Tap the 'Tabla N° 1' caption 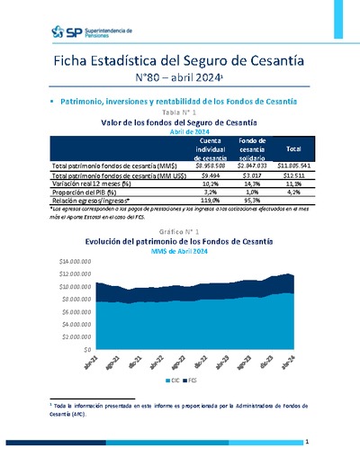pos(181,112)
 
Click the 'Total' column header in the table pos(293,148)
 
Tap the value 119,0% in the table pos(211,200)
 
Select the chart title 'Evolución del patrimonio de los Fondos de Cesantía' pos(181,242)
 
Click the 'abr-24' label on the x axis pos(286,362)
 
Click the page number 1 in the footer pos(307,442)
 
